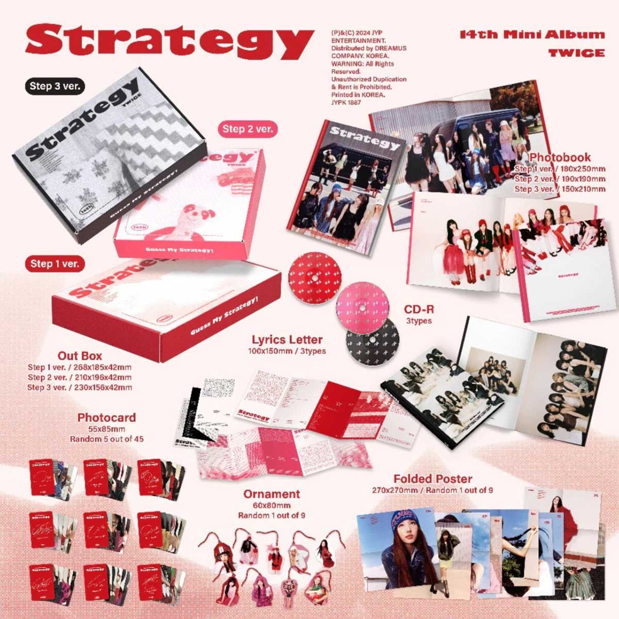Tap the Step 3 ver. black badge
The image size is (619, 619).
(x=55, y=86)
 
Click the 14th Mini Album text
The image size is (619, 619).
(x=532, y=35)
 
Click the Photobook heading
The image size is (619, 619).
(x=560, y=157)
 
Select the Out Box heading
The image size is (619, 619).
(x=79, y=356)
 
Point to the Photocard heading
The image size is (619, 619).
(x=106, y=417)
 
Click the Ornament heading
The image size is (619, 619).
(x=271, y=494)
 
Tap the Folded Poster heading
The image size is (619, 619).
(x=432, y=479)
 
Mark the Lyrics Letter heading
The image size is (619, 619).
(x=287, y=340)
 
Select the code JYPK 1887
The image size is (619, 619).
(x=346, y=103)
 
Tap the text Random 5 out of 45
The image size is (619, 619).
(x=106, y=439)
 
